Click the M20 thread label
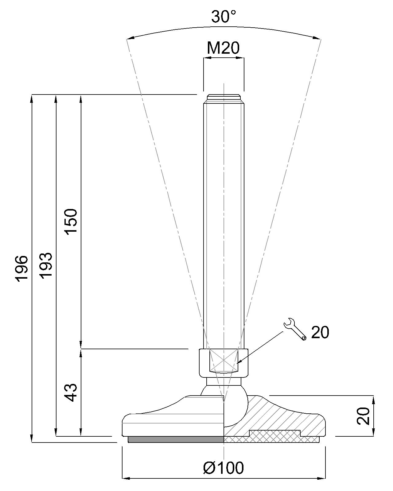click(x=223, y=48)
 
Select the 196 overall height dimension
click(x=22, y=268)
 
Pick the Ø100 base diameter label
click(x=224, y=468)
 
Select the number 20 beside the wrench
click(x=320, y=332)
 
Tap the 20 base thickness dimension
click(x=364, y=416)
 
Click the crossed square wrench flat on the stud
click(x=224, y=360)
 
